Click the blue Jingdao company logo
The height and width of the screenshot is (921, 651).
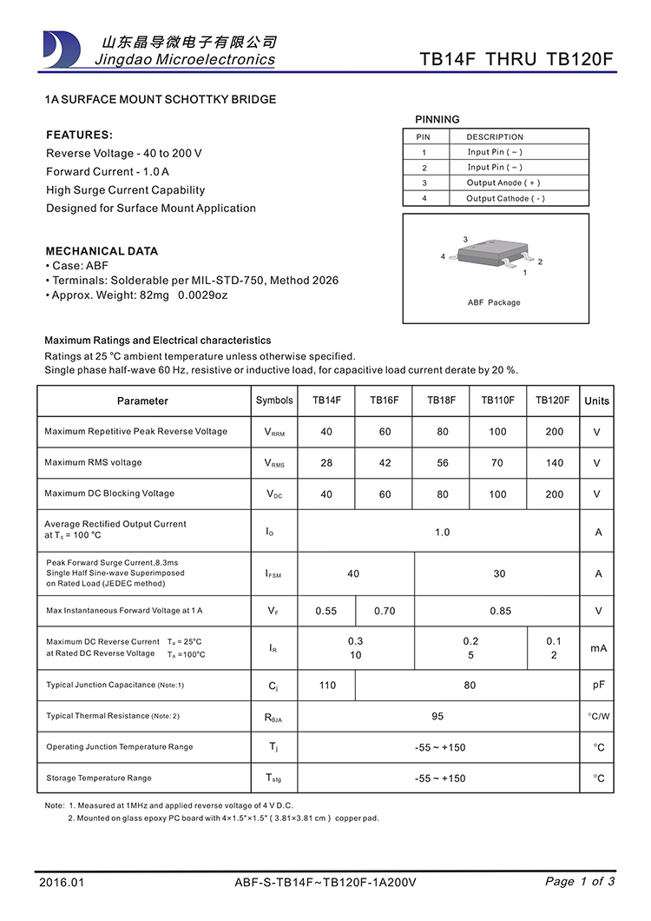click(x=62, y=49)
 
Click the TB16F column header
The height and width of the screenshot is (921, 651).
click(x=385, y=401)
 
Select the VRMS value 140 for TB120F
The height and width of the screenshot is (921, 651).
click(x=554, y=463)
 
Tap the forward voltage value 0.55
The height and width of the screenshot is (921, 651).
click(x=326, y=611)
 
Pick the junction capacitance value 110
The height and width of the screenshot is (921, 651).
click(x=327, y=686)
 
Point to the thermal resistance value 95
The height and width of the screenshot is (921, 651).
click(x=437, y=717)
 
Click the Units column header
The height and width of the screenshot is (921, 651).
click(x=597, y=401)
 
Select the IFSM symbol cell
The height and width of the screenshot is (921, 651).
click(x=273, y=574)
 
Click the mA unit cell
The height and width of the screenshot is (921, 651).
click(x=598, y=648)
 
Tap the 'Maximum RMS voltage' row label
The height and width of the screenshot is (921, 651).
click(x=93, y=462)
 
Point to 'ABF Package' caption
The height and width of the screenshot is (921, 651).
click(x=494, y=302)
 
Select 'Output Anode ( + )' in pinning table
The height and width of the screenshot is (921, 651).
click(x=503, y=182)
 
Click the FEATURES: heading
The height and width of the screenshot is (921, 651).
click(x=79, y=136)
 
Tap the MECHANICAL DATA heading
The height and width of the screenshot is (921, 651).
click(x=102, y=251)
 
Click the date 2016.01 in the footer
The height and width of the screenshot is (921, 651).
click(x=62, y=882)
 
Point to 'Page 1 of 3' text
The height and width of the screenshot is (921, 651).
click(x=580, y=881)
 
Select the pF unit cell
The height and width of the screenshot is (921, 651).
click(x=599, y=685)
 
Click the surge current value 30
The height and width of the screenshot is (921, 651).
click(x=499, y=574)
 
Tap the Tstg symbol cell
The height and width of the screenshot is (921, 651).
click(x=273, y=779)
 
